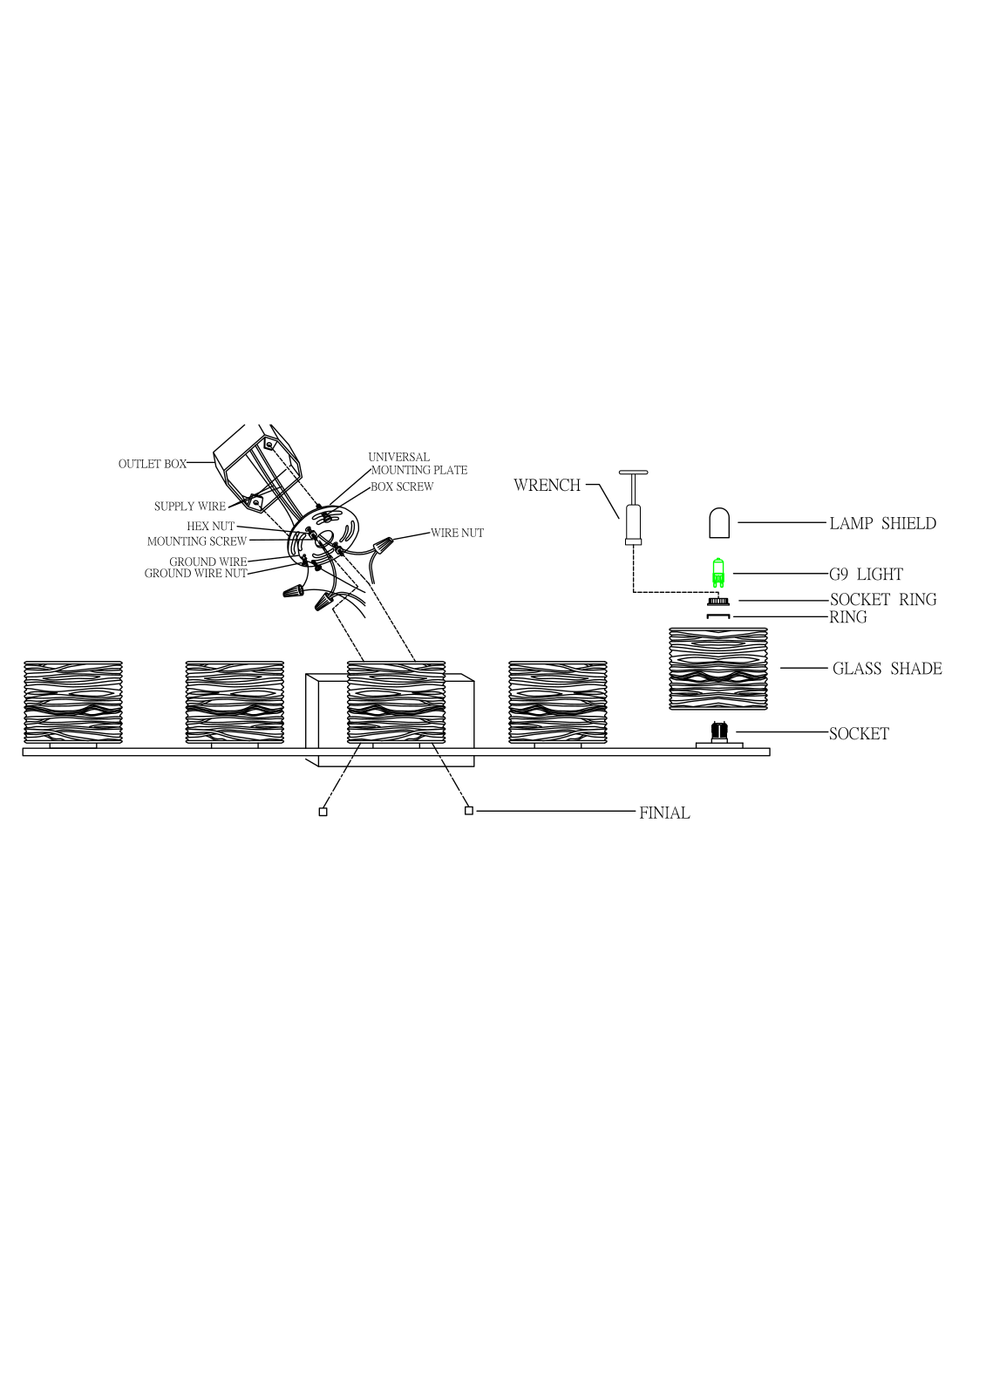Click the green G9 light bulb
point(718,572)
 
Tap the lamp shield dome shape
point(718,522)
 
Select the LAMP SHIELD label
point(882,523)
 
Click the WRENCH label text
point(547,485)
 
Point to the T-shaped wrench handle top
point(634,473)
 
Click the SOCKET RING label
point(883,600)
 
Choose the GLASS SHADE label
point(887,668)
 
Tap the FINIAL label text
point(664,813)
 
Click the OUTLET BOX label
point(153,464)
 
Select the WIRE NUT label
point(457,533)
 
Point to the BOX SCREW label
point(402,487)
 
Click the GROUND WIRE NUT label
point(195,574)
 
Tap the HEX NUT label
point(210,527)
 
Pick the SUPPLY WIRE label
point(190,507)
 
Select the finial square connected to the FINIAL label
point(469,810)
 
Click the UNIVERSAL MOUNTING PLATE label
point(418,464)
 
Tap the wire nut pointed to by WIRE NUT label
point(383,546)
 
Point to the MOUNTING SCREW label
point(197,541)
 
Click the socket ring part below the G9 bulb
point(718,601)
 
